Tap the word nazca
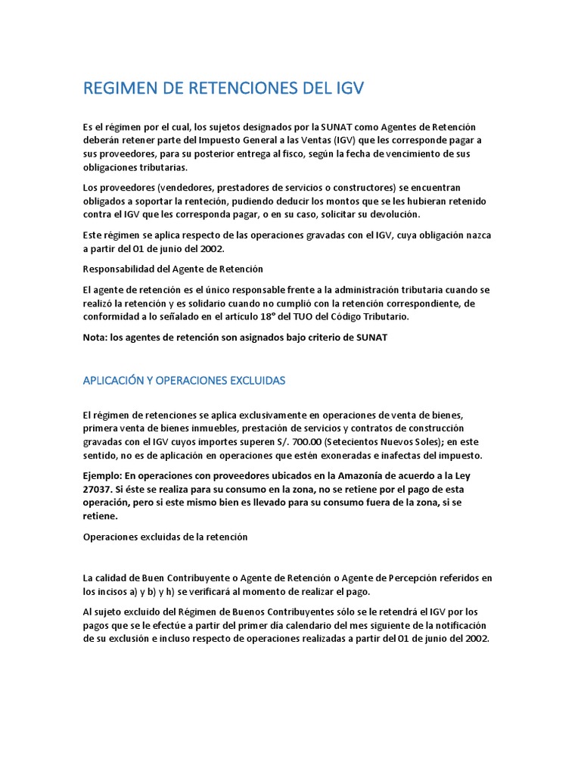(x=477, y=235)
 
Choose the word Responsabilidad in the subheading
(x=120, y=269)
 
